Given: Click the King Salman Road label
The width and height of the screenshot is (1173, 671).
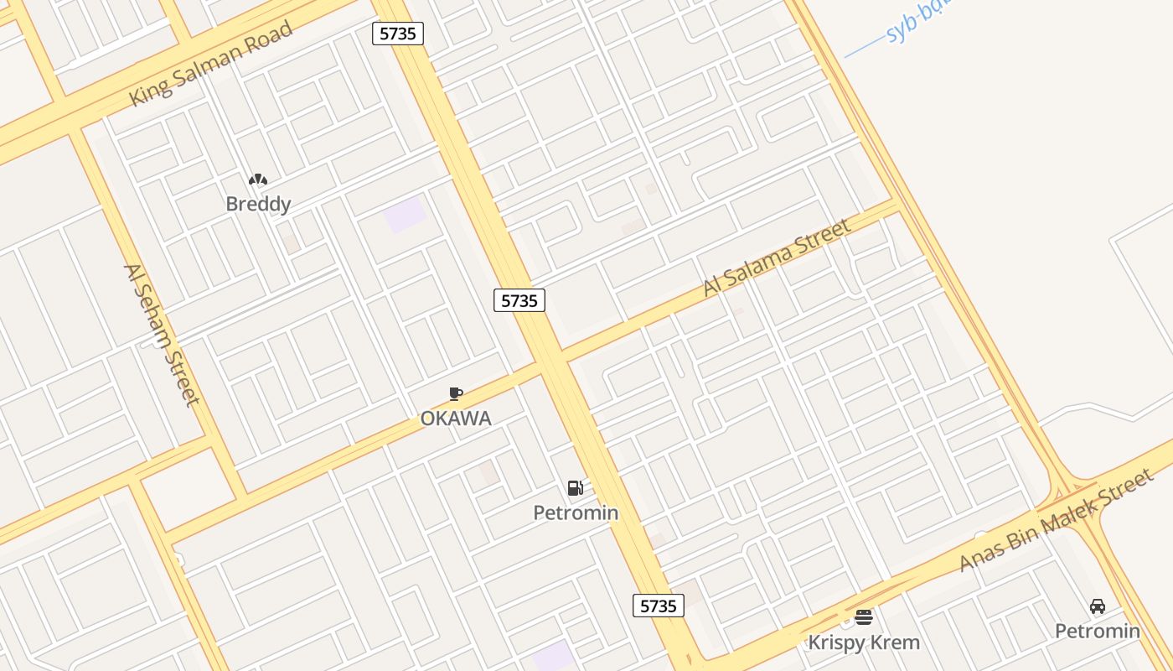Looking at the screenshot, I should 211,64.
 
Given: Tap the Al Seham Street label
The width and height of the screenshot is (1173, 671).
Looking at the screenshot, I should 162,334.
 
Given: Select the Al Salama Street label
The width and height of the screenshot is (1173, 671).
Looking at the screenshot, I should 777,256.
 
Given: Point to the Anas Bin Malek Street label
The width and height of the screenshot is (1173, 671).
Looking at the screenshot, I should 1057,521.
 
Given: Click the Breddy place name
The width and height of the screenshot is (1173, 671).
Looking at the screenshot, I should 258,204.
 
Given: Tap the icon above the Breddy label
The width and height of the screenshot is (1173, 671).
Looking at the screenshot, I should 258,179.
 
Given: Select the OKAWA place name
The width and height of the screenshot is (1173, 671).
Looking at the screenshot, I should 456,418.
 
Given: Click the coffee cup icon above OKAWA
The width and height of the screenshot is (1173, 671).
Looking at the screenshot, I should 456,393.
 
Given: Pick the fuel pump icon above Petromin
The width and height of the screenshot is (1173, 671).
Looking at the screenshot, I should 576,488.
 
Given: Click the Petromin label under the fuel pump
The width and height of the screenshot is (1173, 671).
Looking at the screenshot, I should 576,512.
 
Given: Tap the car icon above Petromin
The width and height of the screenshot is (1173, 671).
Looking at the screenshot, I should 1097,606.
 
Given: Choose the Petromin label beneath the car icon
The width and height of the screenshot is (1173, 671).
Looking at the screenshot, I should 1097,631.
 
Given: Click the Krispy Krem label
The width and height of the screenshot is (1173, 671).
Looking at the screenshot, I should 864,642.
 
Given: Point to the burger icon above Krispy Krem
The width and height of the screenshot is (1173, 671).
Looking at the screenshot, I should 864,618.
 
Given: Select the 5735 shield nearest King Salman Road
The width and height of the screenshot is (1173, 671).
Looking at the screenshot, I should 398,34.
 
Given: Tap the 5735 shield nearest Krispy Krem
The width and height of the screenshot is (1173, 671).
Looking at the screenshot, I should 658,606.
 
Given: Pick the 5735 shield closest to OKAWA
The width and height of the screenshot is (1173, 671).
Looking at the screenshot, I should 519,300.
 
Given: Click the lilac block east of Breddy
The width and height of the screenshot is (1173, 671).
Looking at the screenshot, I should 405,215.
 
